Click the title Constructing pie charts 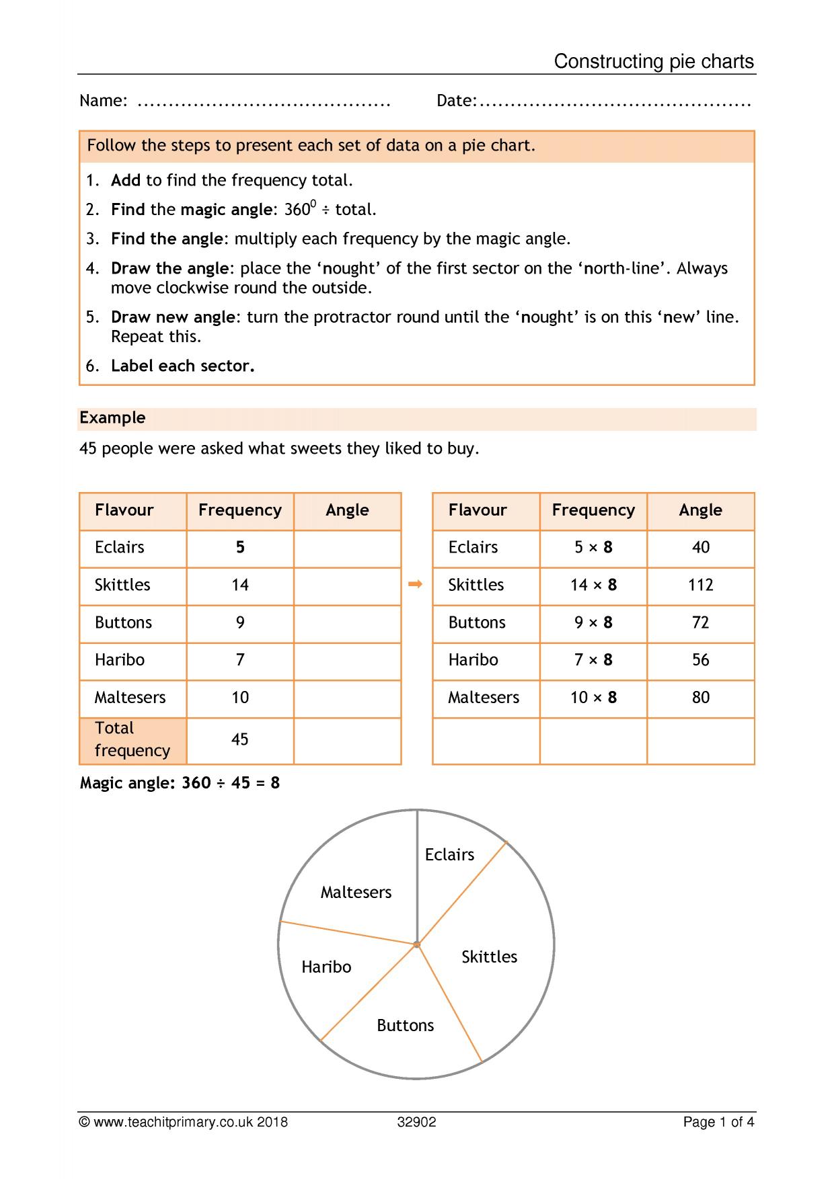[653, 62]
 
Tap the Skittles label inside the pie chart [489, 957]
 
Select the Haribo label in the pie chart [326, 967]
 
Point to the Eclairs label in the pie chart [449, 854]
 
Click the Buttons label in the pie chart [405, 1025]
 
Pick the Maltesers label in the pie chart [356, 892]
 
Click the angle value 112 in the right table [700, 585]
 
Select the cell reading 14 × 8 [593, 585]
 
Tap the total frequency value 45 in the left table [240, 739]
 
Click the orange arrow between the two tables [416, 584]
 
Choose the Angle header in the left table [347, 510]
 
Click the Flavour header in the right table [478, 510]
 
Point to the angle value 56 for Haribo [700, 660]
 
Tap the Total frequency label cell [132, 739]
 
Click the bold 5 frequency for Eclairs [240, 547]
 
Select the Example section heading [112, 417]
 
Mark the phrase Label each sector [182, 366]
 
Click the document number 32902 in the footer [416, 1122]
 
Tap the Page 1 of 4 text [718, 1122]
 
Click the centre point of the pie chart [417, 944]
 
